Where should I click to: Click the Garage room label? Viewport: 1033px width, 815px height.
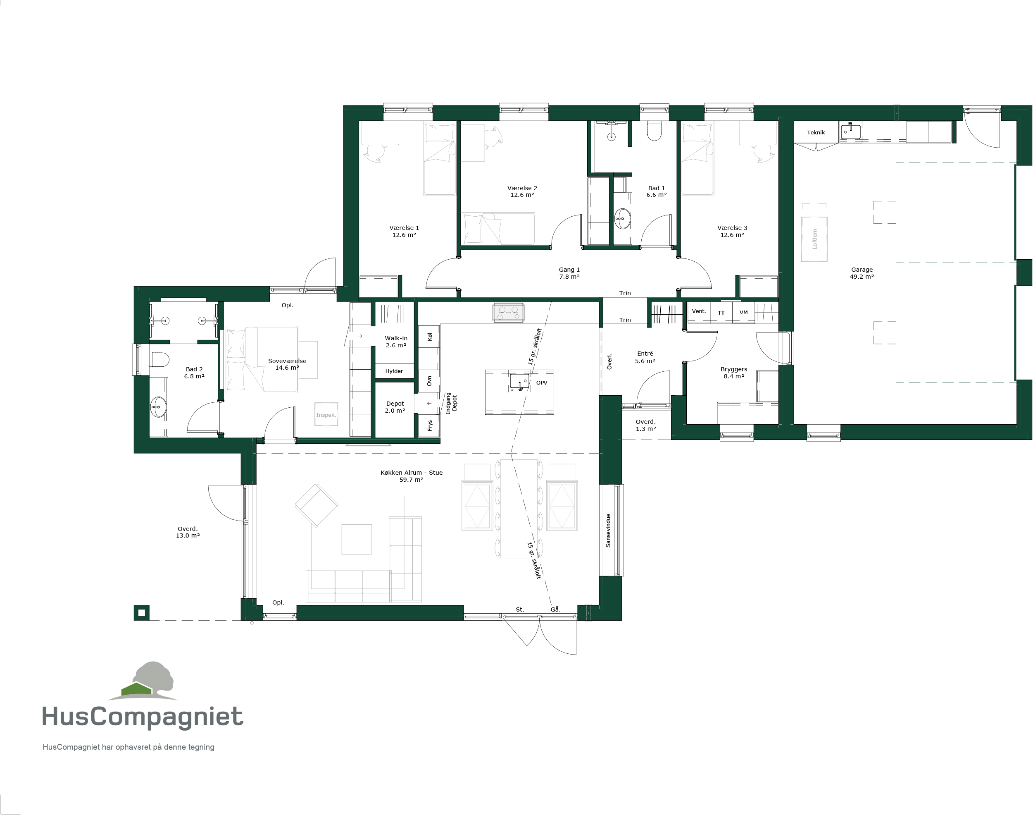[862, 273]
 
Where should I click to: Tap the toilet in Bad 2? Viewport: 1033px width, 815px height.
[159, 360]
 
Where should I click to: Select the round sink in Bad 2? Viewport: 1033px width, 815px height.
[158, 407]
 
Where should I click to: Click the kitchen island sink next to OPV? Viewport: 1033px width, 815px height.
[519, 381]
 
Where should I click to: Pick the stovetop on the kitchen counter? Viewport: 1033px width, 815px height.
[508, 313]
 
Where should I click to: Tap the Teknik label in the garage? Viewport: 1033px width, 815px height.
[816, 133]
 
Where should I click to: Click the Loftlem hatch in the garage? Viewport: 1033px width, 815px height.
[814, 239]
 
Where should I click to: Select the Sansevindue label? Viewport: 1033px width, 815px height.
[608, 530]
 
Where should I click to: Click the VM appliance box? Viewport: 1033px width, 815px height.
[743, 313]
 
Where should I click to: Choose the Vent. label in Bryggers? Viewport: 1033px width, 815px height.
[699, 311]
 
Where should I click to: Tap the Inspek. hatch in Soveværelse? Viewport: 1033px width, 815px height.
[326, 415]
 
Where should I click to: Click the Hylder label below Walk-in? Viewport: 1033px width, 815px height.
[394, 371]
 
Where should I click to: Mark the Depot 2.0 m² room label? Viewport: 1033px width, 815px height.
[395, 407]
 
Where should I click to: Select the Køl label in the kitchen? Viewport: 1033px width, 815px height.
[429, 337]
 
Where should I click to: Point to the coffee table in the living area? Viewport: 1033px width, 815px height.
[357, 539]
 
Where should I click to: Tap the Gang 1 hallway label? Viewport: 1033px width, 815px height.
[569, 273]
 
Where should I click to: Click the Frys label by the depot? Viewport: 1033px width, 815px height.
[429, 425]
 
